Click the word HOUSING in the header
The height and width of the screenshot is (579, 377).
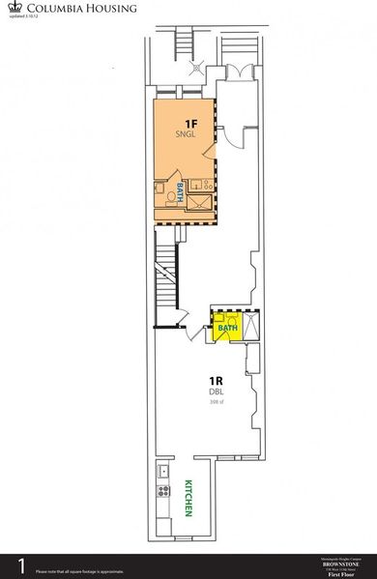point(109,8)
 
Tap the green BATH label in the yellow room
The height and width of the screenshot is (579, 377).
point(227,329)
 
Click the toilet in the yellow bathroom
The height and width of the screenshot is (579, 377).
point(220,319)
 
